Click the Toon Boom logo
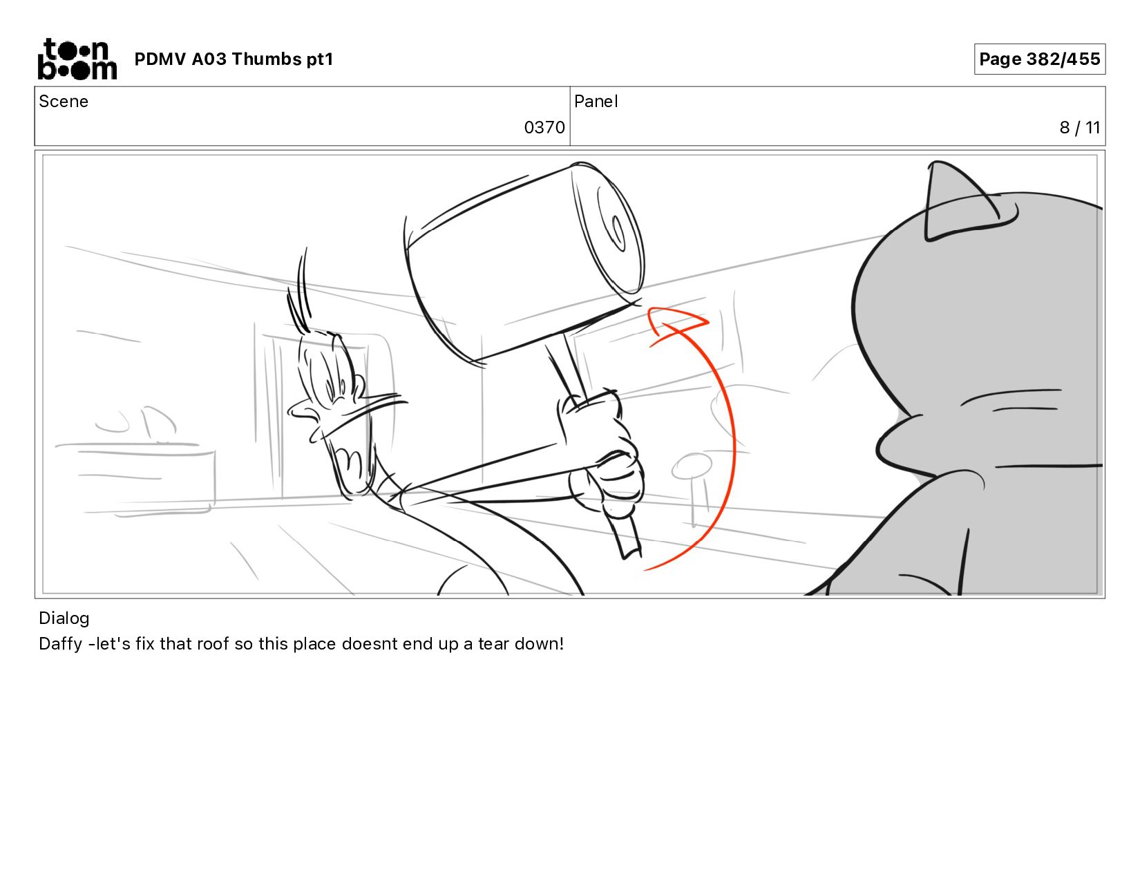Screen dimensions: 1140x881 (77, 59)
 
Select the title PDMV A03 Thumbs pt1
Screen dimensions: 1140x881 (234, 59)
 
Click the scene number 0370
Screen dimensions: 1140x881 (544, 128)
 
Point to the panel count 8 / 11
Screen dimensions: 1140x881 (1079, 128)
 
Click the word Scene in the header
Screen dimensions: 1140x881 (64, 102)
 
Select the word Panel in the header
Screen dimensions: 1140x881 (596, 102)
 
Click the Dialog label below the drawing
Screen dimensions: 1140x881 (64, 618)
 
